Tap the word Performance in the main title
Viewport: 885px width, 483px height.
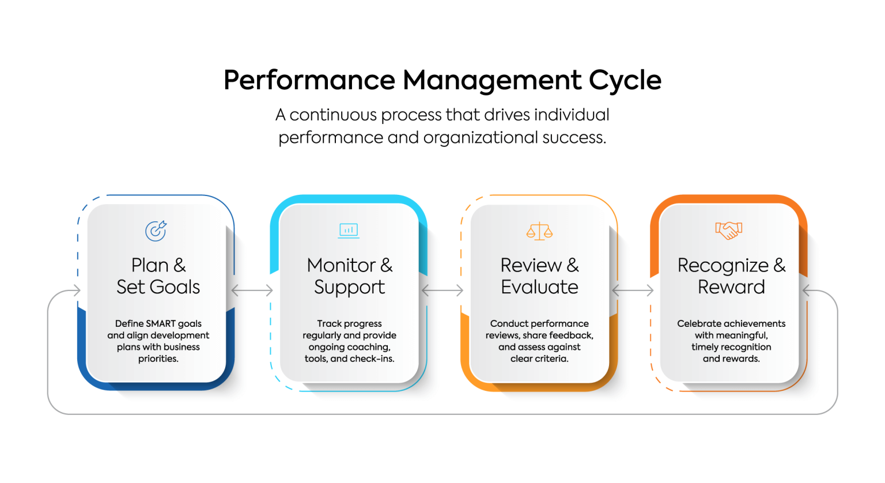click(309, 80)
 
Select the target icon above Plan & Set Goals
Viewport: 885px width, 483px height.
click(156, 231)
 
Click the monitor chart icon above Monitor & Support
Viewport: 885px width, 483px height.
click(349, 231)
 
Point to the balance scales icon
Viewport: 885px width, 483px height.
click(539, 231)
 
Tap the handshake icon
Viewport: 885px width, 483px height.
click(729, 230)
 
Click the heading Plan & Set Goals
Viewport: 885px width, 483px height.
click(158, 276)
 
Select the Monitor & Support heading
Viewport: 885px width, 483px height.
click(349, 276)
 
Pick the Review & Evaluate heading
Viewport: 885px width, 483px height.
click(539, 276)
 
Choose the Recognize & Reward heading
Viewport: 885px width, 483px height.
click(731, 276)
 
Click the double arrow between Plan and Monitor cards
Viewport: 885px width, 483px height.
click(252, 290)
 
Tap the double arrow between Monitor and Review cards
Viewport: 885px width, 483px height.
click(442, 290)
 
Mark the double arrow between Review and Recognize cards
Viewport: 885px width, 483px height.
click(633, 290)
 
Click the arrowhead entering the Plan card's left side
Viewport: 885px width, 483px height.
click(77, 290)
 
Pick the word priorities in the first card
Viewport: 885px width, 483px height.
click(158, 359)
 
